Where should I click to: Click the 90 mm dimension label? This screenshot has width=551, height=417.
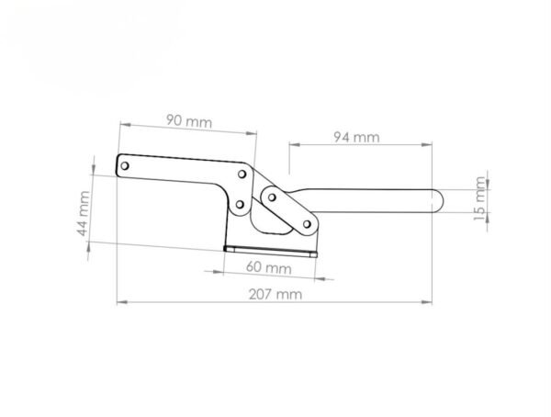[x=189, y=121]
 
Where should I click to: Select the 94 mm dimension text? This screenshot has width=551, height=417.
[x=356, y=137]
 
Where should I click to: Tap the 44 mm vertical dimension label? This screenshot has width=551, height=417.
[x=83, y=213]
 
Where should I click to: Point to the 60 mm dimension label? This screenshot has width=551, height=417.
[x=269, y=267]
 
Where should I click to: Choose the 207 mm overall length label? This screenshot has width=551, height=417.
[x=275, y=294]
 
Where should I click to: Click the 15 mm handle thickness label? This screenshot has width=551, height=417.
[x=479, y=198]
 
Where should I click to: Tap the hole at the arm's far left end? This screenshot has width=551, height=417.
[x=124, y=165]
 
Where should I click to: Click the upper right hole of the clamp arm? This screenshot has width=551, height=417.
[x=242, y=174]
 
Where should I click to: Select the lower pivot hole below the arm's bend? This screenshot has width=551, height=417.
[x=240, y=204]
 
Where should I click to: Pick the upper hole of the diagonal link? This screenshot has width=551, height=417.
[x=272, y=197]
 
